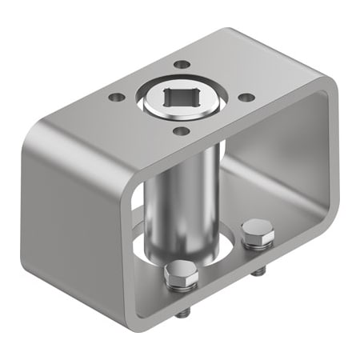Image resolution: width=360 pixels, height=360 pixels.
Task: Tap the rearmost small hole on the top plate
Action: pyautogui.click(x=182, y=64)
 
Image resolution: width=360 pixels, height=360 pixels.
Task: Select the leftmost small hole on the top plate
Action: pyautogui.click(x=117, y=97)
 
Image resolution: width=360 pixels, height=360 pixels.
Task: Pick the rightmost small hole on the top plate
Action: pyautogui.click(x=247, y=97)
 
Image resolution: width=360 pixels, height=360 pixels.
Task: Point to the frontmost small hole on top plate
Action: pyautogui.click(x=182, y=130)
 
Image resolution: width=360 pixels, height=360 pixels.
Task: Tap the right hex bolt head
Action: pyautogui.click(x=258, y=231)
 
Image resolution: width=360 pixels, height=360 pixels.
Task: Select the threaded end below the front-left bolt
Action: pyautogui.click(x=182, y=312)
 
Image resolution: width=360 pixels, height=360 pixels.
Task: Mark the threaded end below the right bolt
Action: pyautogui.click(x=258, y=271)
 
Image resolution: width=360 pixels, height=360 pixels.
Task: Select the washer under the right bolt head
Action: pyautogui.click(x=258, y=243)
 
